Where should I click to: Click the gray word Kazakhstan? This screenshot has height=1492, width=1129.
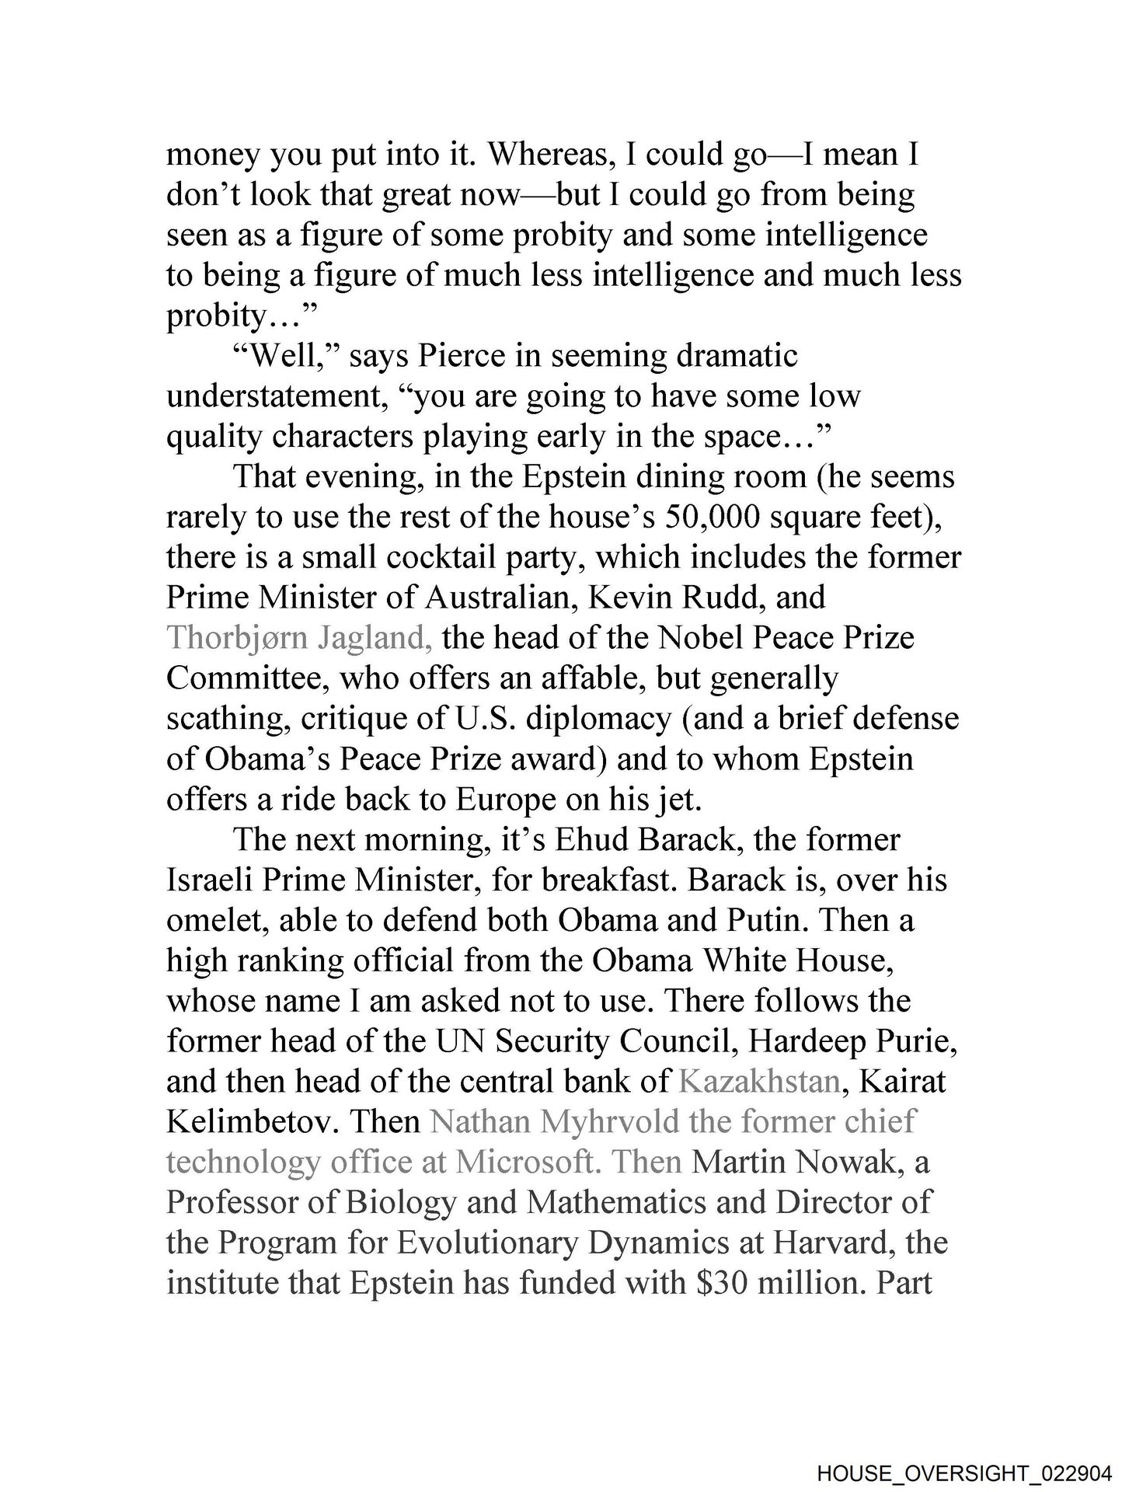tap(759, 1082)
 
